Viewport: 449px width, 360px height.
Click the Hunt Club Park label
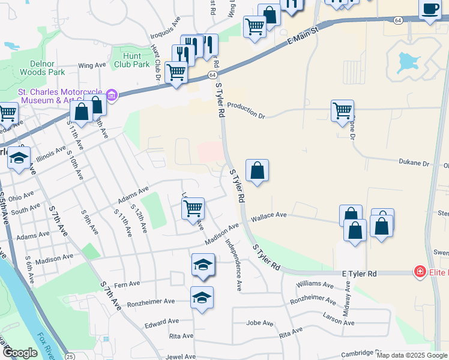click(132, 59)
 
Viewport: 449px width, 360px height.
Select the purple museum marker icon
click(111, 95)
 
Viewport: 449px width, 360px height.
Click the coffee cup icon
click(429, 8)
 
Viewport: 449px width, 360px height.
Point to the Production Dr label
click(245, 114)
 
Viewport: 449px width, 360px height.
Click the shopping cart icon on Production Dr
click(342, 110)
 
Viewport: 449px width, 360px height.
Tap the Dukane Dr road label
click(414, 163)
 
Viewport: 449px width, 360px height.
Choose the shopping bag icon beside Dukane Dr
click(257, 170)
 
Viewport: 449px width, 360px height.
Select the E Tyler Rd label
click(359, 274)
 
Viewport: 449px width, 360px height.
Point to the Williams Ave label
click(314, 283)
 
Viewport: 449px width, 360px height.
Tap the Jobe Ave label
click(260, 323)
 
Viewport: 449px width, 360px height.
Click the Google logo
click(20, 353)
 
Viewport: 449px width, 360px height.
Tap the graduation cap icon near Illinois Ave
click(19, 158)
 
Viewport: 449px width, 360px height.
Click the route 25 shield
click(70, 357)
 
